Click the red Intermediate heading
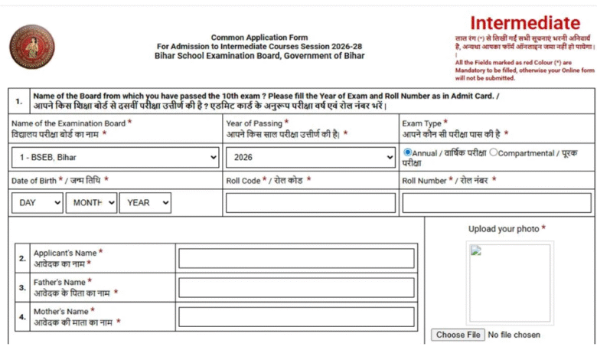[x=524, y=23]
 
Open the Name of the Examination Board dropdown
[x=117, y=158]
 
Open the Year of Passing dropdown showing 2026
[x=310, y=158]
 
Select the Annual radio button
[x=408, y=152]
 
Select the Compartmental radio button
[x=494, y=152]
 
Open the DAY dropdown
[x=38, y=203]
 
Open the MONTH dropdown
[x=91, y=203]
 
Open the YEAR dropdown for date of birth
[x=145, y=203]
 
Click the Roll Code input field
[x=310, y=203]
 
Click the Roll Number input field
[x=497, y=203]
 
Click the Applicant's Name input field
[x=296, y=258]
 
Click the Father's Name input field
[x=296, y=287]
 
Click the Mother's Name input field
[x=296, y=317]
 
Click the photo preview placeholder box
[x=510, y=283]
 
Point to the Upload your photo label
[x=506, y=229]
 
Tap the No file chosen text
[x=514, y=335]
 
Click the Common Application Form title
[x=259, y=38]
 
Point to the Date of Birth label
[x=58, y=181]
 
